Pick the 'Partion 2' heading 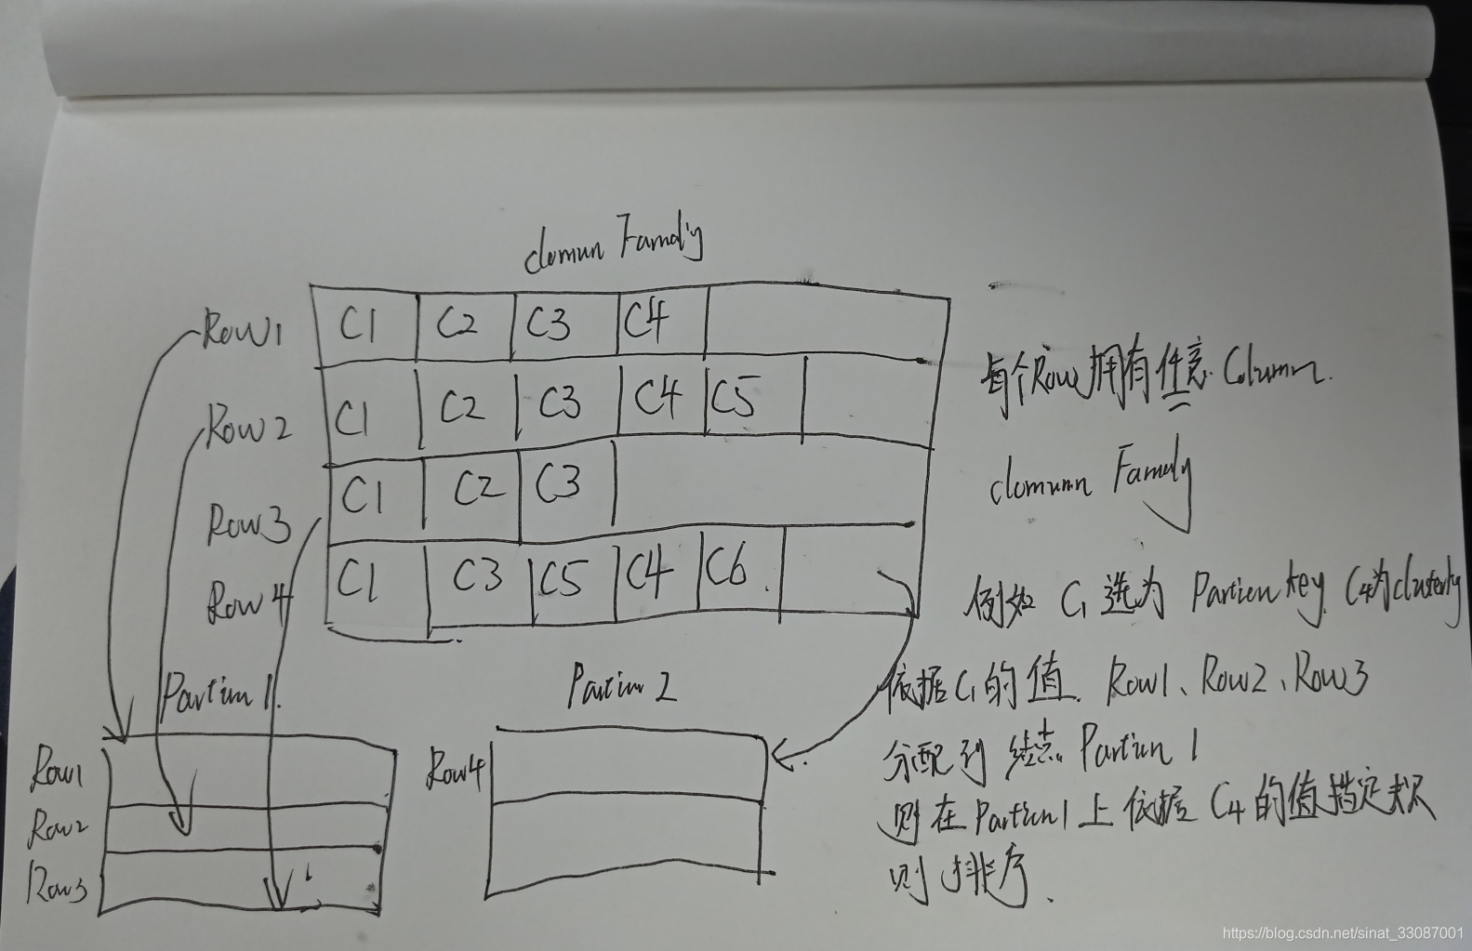pos(620,686)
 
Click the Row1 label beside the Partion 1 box pos(58,770)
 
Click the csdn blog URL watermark pos(1343,931)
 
